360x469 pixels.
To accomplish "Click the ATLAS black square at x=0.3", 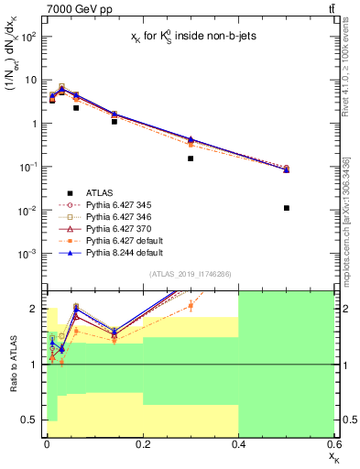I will (x=191, y=158).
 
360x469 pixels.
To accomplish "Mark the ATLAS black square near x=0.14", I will (x=114, y=121).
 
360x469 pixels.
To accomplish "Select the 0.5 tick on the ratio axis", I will (x=34, y=420).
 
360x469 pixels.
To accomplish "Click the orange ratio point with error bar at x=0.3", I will (x=191, y=306).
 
